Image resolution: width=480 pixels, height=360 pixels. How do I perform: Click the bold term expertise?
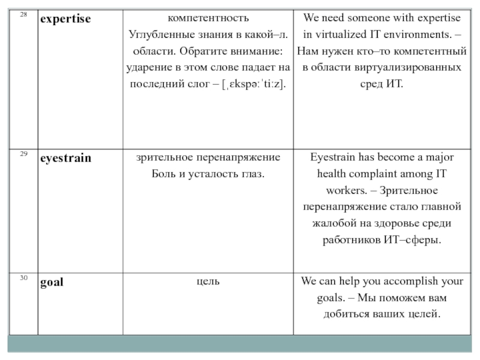tap(65, 19)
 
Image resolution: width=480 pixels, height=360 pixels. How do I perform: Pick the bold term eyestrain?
tap(65, 159)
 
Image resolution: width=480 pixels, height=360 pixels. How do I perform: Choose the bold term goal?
tap(52, 281)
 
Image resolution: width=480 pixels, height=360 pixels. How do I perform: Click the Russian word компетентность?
tap(208, 18)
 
